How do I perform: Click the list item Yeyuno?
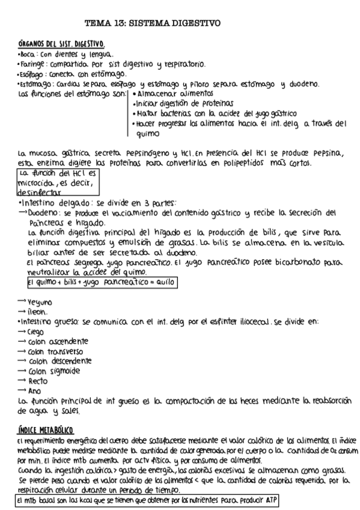(40, 302)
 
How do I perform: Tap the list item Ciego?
(36, 331)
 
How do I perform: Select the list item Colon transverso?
(55, 351)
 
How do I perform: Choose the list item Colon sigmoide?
(53, 371)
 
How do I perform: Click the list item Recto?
(38, 381)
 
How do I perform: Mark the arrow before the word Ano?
(22, 391)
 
